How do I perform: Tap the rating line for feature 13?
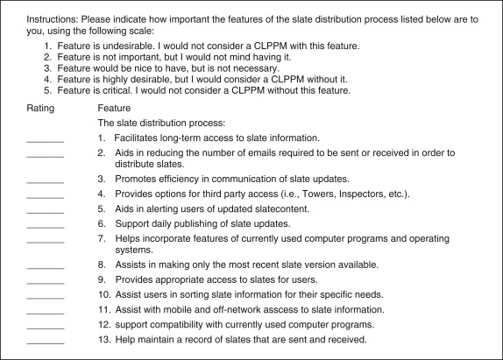pos(46,342)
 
